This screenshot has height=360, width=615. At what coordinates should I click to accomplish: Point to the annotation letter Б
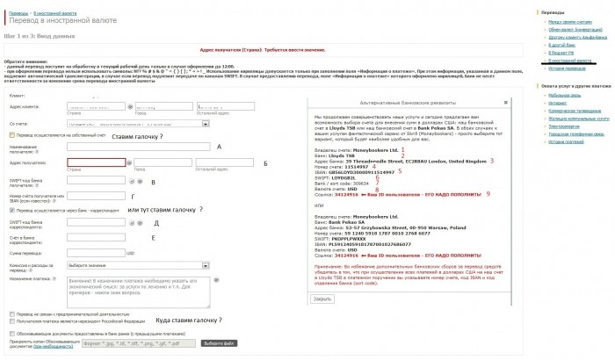click(x=266, y=163)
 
